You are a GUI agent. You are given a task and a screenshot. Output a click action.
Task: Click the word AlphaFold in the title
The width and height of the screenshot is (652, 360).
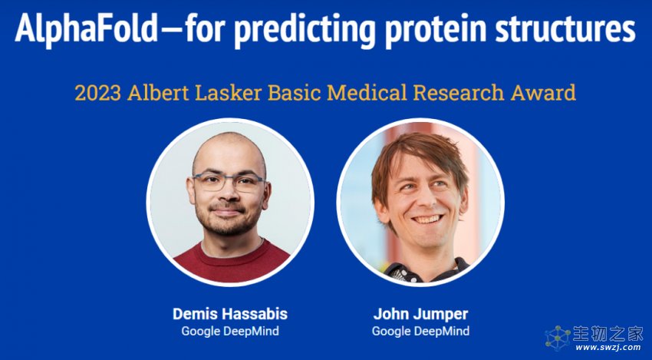[x=87, y=27]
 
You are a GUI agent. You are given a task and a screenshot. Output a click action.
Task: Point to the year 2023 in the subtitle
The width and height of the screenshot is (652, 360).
[x=97, y=93]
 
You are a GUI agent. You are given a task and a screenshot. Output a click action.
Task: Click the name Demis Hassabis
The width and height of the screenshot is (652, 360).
[x=230, y=314]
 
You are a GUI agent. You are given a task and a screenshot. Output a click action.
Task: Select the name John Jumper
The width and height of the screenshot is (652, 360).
[x=420, y=314]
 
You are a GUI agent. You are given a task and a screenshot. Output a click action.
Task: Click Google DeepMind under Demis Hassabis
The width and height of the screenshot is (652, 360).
[x=230, y=332]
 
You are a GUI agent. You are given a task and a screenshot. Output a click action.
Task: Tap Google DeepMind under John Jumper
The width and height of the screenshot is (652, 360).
[x=420, y=332]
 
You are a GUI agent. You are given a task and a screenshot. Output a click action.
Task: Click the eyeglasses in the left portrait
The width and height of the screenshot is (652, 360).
[x=228, y=182]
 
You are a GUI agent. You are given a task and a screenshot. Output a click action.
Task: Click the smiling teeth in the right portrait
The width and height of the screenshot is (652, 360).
[x=427, y=219]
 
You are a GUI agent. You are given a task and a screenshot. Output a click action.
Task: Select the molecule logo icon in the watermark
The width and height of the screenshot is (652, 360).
[x=558, y=338]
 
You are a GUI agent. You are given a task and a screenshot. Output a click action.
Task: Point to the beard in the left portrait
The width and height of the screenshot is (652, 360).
[x=226, y=219]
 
